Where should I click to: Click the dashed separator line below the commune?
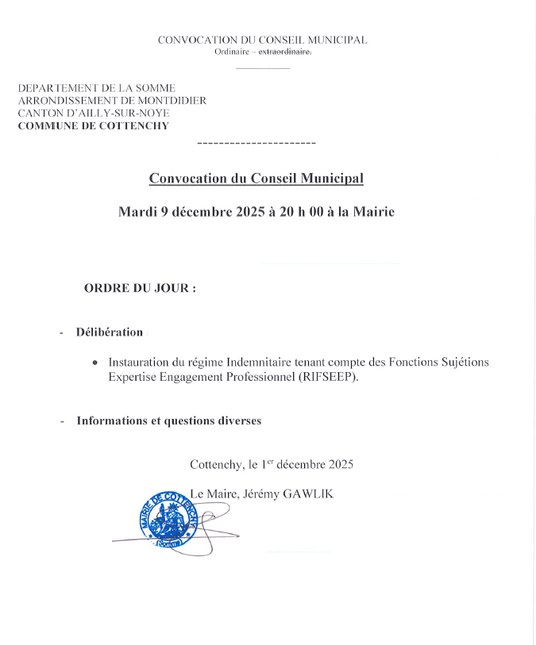tap(256, 143)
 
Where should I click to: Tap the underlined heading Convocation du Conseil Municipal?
tap(256, 179)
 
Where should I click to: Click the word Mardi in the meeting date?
tap(137, 212)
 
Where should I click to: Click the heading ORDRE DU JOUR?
tap(140, 289)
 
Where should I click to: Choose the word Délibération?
tap(110, 332)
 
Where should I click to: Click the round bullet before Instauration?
tap(95, 363)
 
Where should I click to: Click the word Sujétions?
tap(460, 363)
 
